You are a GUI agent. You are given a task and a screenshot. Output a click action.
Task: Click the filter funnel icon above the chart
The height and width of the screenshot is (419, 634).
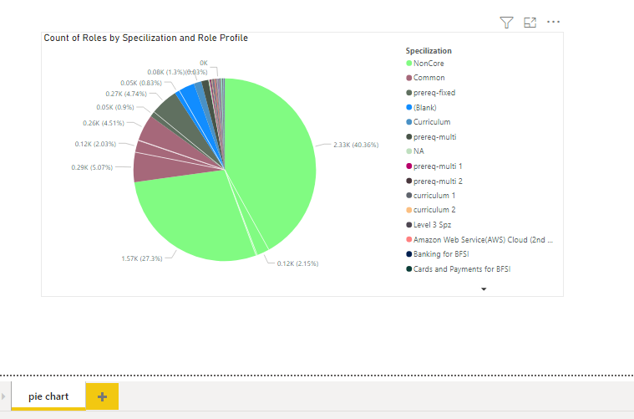click(506, 23)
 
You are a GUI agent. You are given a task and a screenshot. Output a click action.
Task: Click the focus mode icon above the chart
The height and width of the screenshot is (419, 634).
click(530, 23)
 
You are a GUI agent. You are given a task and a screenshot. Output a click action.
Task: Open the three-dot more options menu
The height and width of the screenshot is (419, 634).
click(553, 23)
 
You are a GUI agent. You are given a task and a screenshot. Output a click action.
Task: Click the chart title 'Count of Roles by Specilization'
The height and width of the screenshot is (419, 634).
click(145, 38)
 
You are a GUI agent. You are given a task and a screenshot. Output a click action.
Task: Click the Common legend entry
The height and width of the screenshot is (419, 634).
click(429, 78)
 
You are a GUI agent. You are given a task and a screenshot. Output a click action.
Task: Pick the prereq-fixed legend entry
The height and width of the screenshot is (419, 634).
click(434, 93)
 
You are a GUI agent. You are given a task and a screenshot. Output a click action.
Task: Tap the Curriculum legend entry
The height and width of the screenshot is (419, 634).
click(431, 122)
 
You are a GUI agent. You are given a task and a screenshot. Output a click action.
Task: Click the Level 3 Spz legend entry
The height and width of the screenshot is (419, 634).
click(434, 225)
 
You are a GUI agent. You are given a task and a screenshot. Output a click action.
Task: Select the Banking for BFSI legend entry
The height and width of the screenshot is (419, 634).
click(441, 254)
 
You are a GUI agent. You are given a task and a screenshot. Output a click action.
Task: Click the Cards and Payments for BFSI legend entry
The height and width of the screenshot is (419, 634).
click(461, 269)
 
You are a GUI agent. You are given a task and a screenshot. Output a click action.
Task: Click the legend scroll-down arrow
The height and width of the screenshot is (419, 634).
click(484, 289)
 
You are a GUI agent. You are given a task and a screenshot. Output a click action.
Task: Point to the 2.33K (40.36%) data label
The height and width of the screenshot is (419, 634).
click(355, 145)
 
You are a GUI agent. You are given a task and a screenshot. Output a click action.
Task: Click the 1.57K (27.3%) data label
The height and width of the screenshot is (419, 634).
click(142, 258)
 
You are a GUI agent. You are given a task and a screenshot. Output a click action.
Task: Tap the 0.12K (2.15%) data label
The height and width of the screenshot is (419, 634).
click(297, 263)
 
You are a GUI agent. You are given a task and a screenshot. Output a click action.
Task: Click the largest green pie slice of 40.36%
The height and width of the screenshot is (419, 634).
click(276, 151)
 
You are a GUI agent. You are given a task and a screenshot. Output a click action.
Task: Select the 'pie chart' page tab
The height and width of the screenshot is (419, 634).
click(48, 396)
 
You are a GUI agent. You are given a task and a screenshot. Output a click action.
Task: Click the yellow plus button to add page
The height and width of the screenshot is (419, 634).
click(102, 396)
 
